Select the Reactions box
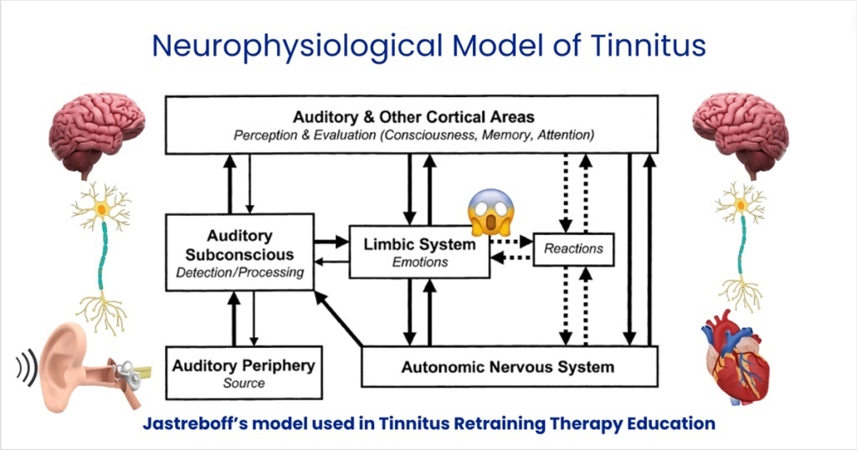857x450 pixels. [573, 249]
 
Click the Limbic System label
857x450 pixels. [420, 244]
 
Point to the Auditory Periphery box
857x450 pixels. [244, 372]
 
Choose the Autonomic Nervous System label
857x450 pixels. [508, 367]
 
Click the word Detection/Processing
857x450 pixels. [240, 273]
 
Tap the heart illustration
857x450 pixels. [735, 357]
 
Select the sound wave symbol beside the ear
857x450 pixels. [27, 366]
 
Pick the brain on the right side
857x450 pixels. [741, 135]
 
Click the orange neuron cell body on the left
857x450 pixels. [101, 208]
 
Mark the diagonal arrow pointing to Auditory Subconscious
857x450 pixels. [339, 319]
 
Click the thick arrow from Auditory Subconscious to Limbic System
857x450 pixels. [331, 241]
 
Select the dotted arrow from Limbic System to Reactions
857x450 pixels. [511, 241]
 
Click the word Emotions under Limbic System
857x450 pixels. [420, 262]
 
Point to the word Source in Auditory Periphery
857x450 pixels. [244, 383]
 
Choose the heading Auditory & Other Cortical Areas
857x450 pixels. [413, 117]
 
